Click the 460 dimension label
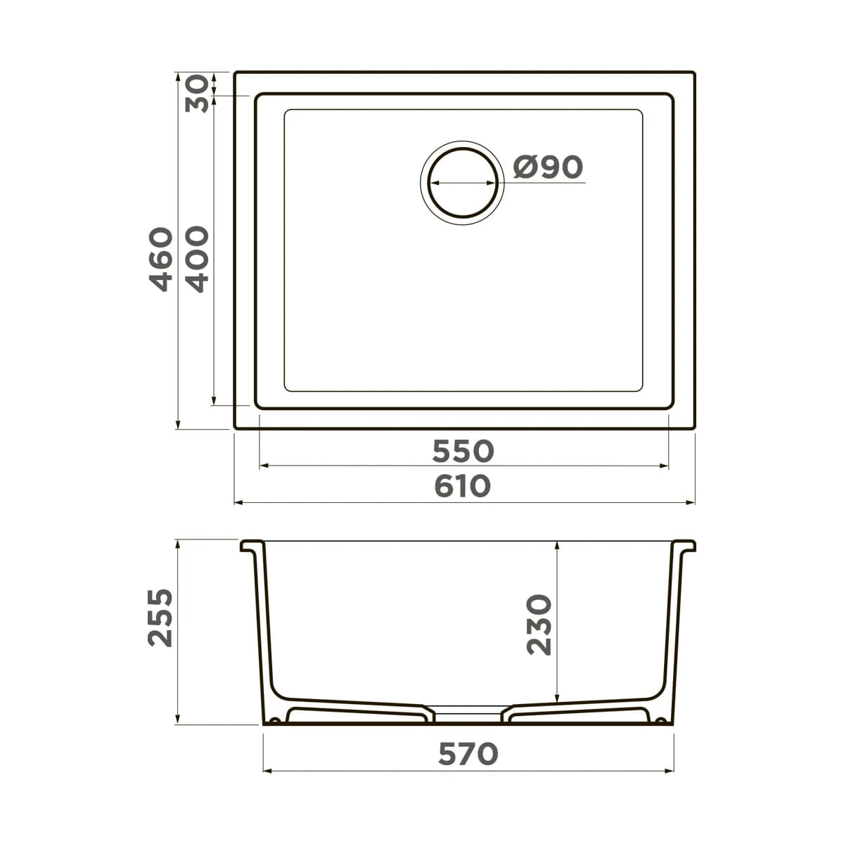pos(161,260)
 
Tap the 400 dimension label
pos(197,260)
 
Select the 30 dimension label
pos(197,94)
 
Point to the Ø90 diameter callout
pos(548,167)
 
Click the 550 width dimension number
pos(463,452)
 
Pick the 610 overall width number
pos(463,486)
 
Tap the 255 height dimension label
pos(160,618)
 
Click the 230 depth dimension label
pos(539,625)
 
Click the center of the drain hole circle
pos(463,183)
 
